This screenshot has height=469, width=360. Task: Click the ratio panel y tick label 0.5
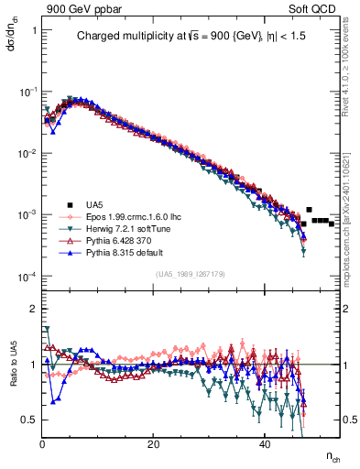coord(28,419)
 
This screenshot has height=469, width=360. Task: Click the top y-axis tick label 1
coord(33,30)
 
